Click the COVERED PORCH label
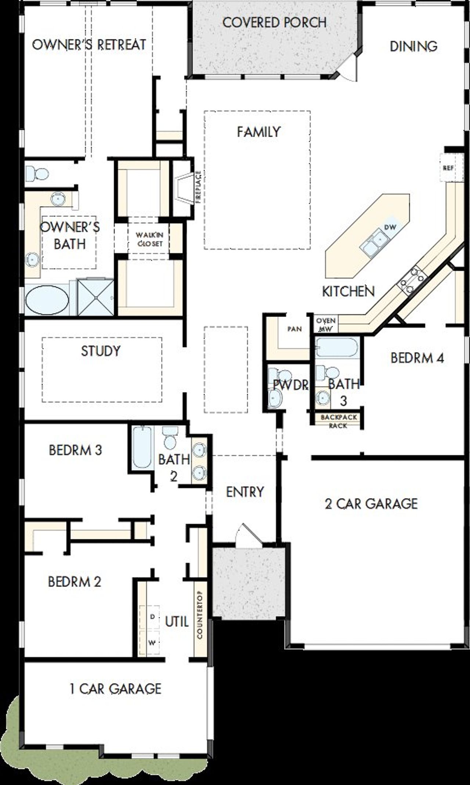pyautogui.click(x=274, y=23)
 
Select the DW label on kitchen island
pyautogui.click(x=390, y=227)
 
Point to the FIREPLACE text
pyautogui.click(x=198, y=187)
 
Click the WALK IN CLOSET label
pyautogui.click(x=149, y=239)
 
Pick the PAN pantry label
pyautogui.click(x=294, y=329)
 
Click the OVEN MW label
pyautogui.click(x=325, y=325)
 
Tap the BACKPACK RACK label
pyautogui.click(x=338, y=421)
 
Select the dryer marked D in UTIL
pyautogui.click(x=152, y=617)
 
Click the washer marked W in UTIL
pyautogui.click(x=152, y=642)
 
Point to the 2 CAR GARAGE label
pyautogui.click(x=371, y=504)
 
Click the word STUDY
pyautogui.click(x=101, y=351)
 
